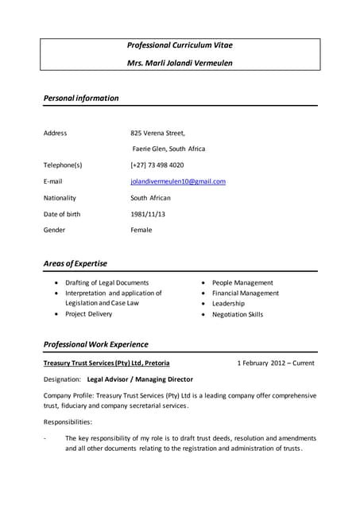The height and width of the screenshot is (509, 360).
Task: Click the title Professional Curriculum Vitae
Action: (x=180, y=45)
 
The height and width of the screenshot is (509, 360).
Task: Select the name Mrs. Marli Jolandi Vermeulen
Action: (x=180, y=63)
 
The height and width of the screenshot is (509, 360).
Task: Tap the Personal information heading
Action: (x=81, y=99)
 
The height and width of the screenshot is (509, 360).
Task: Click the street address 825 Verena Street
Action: (x=157, y=133)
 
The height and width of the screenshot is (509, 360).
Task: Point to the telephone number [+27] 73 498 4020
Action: (x=157, y=165)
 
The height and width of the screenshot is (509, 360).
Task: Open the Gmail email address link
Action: (x=178, y=181)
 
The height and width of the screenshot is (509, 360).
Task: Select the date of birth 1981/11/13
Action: (x=148, y=214)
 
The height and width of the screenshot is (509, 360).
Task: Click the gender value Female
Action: (x=141, y=230)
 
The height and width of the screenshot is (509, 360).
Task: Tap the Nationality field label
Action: (x=60, y=198)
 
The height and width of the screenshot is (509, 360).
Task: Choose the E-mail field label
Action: (x=52, y=181)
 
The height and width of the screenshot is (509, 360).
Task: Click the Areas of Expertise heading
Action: (x=75, y=263)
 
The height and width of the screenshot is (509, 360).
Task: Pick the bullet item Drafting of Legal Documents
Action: (x=107, y=283)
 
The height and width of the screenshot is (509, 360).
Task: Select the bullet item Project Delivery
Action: (x=89, y=314)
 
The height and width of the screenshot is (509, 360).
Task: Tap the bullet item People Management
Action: (x=242, y=283)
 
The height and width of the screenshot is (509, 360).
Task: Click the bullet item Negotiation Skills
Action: (x=238, y=315)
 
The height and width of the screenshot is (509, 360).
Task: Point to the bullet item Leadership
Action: (x=229, y=304)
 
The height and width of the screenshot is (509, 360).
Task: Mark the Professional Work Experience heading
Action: (x=95, y=344)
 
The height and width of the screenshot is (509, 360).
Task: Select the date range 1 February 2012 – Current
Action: (x=276, y=363)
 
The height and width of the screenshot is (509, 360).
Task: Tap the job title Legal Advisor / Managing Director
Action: (x=140, y=379)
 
